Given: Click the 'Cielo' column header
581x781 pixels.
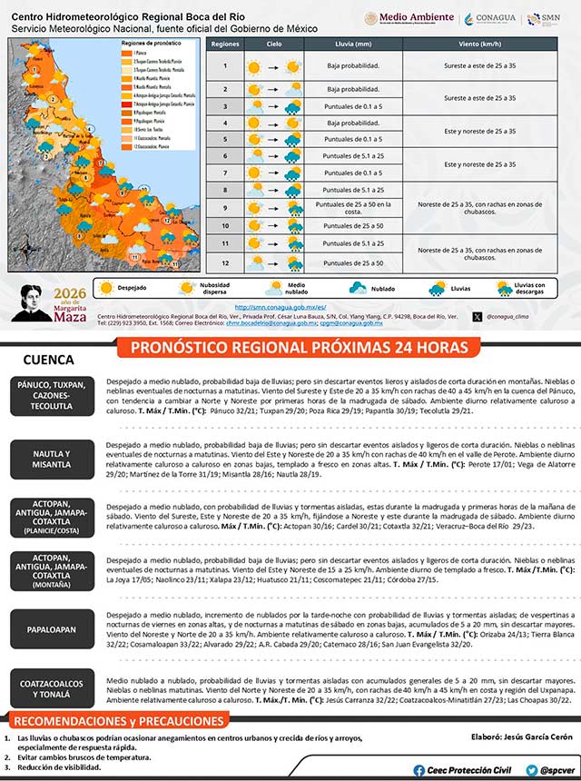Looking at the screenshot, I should click(274, 44).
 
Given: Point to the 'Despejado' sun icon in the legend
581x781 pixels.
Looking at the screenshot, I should click(106, 288).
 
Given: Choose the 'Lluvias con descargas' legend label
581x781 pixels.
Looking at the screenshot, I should click(522, 288).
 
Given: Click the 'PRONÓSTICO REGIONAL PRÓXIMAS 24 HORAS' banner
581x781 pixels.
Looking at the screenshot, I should click(299, 348).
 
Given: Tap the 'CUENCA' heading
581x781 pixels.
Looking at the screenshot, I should click(48, 360).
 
